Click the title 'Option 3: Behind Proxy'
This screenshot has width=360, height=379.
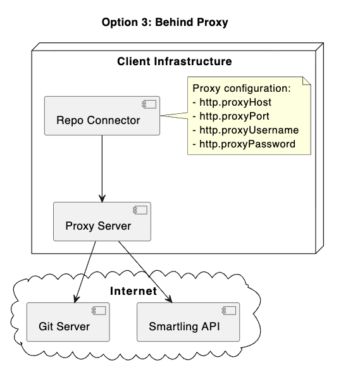point(164,22)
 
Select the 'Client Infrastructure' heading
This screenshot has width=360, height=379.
point(175,61)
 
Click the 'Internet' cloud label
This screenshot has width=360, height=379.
point(133,291)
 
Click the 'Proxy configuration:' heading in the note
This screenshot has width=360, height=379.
point(241,88)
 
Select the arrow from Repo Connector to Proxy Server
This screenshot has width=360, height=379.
point(102,168)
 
